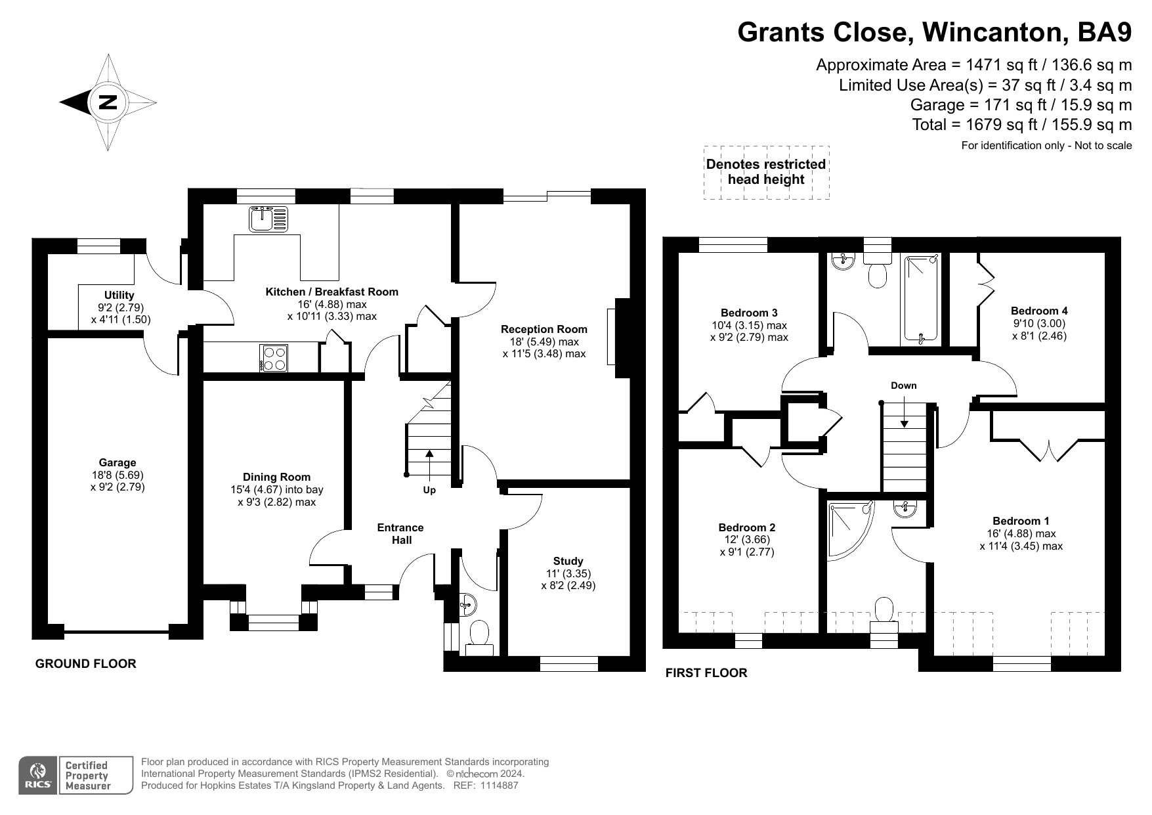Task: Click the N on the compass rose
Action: [108, 102]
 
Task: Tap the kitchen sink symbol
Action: [268, 219]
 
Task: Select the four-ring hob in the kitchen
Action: [274, 359]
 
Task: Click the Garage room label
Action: [117, 463]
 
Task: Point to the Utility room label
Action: [119, 296]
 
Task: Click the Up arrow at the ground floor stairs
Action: [429, 464]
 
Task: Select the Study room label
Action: [568, 562]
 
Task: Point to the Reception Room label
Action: [544, 330]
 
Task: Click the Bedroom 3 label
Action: [749, 313]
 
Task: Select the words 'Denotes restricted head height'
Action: [766, 172]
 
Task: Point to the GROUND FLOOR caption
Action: [85, 664]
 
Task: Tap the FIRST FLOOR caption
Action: [706, 673]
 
